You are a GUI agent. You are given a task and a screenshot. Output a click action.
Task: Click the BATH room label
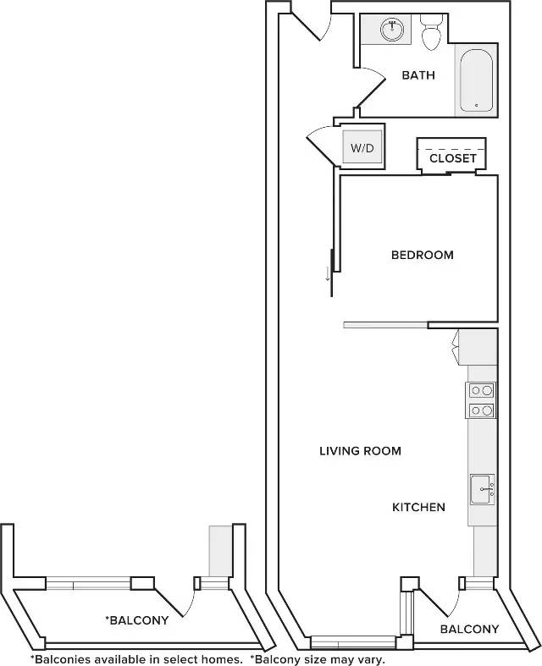[418, 75]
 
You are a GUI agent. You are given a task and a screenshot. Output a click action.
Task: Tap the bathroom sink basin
[392, 30]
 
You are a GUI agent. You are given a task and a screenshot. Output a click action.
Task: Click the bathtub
[476, 80]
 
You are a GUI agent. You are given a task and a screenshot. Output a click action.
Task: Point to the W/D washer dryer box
[362, 147]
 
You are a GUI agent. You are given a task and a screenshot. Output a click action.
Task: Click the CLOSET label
[453, 158]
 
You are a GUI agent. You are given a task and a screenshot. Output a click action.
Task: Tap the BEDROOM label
[422, 255]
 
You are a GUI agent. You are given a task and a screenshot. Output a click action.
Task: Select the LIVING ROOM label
[360, 451]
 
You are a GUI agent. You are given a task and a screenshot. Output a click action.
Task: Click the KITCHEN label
[418, 507]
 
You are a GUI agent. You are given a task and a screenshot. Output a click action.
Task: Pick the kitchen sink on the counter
[483, 489]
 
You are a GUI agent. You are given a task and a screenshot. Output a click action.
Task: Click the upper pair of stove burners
[482, 390]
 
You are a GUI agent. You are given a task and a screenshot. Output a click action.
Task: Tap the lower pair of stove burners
[482, 410]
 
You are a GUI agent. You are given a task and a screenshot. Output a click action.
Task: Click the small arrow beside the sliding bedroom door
[328, 273]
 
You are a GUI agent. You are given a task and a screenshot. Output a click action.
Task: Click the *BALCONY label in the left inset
[137, 620]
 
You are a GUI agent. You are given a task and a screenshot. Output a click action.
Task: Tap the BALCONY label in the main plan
[469, 629]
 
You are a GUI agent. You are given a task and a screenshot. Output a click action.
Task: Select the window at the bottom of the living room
[353, 641]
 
